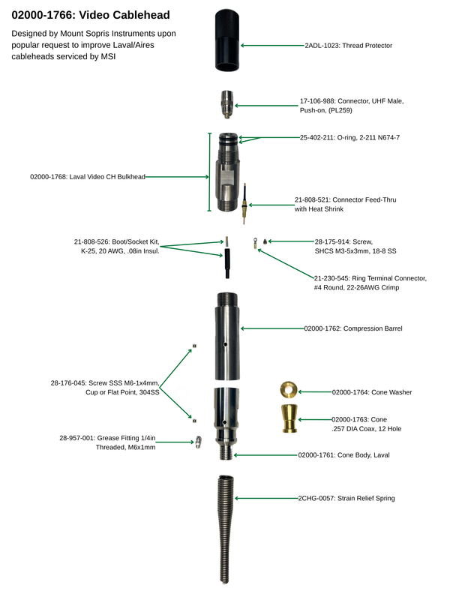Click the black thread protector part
(227, 40)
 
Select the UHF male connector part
(227, 104)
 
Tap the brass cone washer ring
(288, 390)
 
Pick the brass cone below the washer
(289, 418)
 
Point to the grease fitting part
(198, 442)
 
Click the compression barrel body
(227, 336)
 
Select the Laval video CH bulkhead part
(228, 172)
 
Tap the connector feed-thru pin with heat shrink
(244, 203)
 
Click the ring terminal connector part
(255, 243)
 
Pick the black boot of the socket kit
(227, 264)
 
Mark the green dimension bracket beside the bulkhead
(209, 172)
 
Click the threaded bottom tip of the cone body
(227, 451)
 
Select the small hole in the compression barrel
(225, 344)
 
